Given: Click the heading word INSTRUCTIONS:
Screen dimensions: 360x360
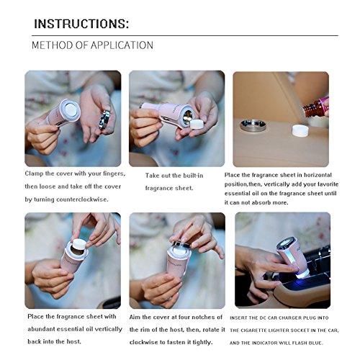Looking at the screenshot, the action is (81, 24).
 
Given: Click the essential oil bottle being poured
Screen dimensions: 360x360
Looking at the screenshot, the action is (315, 108).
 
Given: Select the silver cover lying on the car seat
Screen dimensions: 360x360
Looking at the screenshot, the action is (253, 126).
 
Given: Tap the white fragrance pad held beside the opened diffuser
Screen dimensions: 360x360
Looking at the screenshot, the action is (197, 124).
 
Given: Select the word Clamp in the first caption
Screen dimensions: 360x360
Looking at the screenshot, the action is (32, 174).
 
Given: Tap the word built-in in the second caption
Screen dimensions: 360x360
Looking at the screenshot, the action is (193, 176).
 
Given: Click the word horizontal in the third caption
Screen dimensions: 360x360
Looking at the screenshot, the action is (318, 175).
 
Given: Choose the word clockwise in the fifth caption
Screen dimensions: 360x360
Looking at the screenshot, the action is (143, 343).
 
